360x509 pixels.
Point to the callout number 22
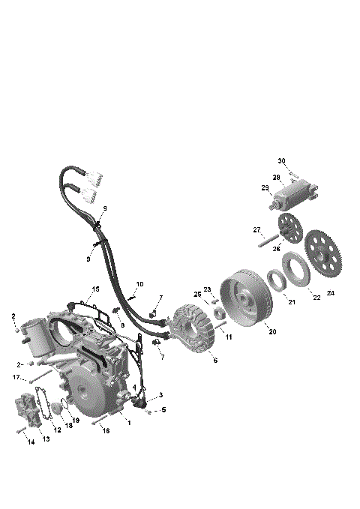click(x=316, y=297)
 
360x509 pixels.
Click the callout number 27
click(x=256, y=229)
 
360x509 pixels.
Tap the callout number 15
click(x=95, y=289)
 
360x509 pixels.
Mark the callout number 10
click(x=139, y=285)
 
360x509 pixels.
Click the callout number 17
click(x=16, y=377)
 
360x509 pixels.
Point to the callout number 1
click(x=129, y=423)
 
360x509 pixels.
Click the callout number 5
click(x=163, y=410)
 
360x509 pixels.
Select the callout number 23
click(x=208, y=289)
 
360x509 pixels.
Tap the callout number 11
click(x=229, y=337)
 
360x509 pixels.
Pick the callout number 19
click(x=75, y=421)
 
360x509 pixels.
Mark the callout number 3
click(x=160, y=394)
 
